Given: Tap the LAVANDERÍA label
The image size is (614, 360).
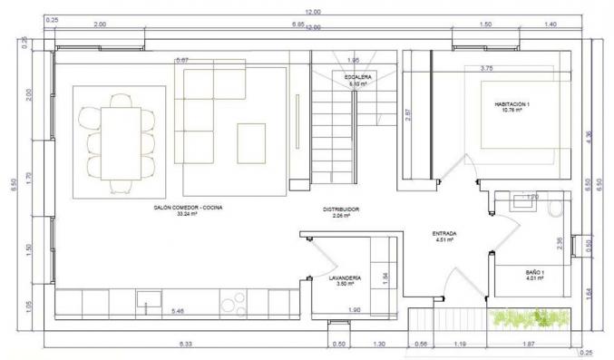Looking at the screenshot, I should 345,280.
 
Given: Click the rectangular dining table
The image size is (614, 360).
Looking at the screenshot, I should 119,141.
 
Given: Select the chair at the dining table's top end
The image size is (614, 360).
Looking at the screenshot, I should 119,99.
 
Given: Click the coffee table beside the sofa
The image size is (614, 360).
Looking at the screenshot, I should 251,142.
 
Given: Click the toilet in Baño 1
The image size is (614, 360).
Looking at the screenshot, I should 556,207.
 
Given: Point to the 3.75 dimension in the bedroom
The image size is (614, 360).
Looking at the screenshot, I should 486,68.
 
